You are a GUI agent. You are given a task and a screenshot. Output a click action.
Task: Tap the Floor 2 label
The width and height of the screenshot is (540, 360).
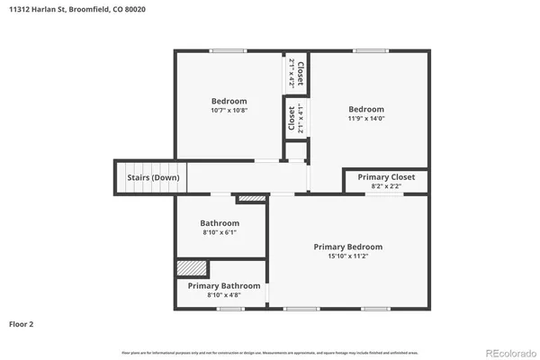[22, 323]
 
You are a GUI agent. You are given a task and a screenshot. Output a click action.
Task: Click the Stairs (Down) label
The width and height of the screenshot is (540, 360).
[152, 177]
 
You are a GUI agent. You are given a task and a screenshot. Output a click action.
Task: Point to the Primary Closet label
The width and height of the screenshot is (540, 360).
[386, 177]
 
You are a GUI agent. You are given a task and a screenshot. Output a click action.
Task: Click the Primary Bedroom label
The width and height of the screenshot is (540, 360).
[347, 247]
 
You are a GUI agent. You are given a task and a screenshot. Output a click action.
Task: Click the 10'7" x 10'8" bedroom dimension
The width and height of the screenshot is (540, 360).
[229, 110]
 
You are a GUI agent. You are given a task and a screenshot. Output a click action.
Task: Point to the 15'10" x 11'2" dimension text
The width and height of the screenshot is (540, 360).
[347, 256]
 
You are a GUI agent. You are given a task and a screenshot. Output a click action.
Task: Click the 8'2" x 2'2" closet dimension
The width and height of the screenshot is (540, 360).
[386, 186]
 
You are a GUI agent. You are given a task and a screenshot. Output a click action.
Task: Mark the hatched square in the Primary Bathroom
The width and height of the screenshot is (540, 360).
[192, 268]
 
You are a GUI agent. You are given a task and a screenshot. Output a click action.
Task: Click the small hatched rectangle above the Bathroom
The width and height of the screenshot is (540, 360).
[253, 198]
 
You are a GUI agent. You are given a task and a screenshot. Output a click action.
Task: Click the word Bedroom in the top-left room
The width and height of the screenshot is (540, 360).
[229, 101]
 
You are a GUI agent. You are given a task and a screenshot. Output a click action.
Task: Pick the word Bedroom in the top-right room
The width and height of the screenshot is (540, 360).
[366, 109]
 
